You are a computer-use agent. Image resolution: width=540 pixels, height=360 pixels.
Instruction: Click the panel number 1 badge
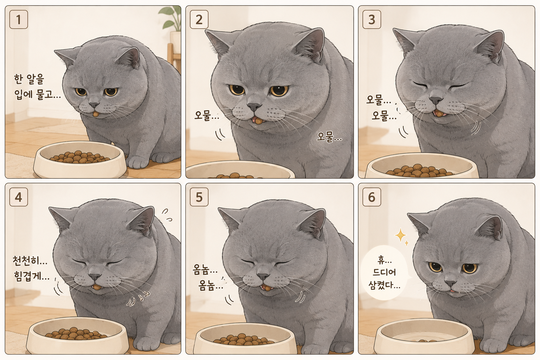[19, 20]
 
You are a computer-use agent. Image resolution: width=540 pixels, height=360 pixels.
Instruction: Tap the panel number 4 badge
[19, 197]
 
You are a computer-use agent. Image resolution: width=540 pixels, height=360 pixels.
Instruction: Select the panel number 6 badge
[372, 197]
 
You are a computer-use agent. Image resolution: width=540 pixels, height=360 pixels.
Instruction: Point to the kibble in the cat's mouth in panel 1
[96, 114]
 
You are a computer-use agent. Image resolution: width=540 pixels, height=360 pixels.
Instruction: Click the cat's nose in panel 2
[254, 106]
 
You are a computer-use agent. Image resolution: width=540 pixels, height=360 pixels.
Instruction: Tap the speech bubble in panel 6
[385, 273]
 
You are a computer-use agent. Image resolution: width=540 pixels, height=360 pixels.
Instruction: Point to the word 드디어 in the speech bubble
[384, 272]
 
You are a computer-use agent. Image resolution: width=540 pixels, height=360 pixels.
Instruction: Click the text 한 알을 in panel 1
[29, 79]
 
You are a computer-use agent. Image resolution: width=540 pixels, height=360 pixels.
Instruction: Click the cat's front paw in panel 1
[138, 162]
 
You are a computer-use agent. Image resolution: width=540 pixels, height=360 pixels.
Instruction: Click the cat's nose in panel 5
[262, 276]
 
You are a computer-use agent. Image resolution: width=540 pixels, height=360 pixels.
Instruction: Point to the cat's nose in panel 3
[436, 101]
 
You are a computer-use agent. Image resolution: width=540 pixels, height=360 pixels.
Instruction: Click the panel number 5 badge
[199, 197]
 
